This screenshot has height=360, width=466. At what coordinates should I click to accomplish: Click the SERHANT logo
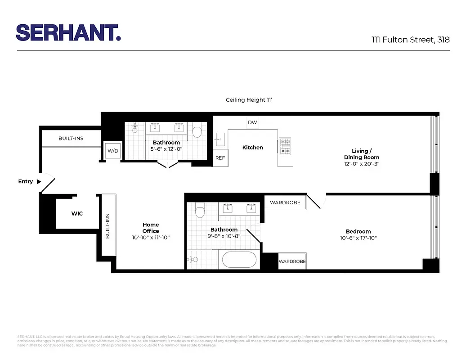pos(68,32)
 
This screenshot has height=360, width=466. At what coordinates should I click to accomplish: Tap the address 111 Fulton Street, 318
pos(410,40)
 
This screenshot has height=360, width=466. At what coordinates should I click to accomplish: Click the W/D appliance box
pos(112,151)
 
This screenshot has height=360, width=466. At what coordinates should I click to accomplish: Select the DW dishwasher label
pos(252,122)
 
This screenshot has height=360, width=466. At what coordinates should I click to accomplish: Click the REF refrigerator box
pos(220,158)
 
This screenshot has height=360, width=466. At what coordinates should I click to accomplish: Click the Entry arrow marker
pos(39,182)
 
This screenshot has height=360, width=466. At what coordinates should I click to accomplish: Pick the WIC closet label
pos(77,213)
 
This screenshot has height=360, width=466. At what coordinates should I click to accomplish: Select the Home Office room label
pos(151,228)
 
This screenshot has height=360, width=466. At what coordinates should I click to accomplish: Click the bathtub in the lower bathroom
pos(238,260)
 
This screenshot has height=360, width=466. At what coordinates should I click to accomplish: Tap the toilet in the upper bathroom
pos(197,131)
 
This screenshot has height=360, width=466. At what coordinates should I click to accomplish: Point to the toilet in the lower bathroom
pos(200,211)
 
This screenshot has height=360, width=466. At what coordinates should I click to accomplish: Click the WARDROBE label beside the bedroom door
pos(285,202)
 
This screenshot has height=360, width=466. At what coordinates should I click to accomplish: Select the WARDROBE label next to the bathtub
pos(292,261)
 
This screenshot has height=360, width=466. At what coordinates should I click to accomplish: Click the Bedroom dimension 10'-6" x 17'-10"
pos(358,238)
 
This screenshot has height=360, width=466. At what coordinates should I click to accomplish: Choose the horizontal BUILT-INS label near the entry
pos(71,138)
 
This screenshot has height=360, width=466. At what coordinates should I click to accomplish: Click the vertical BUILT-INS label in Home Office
pos(108,226)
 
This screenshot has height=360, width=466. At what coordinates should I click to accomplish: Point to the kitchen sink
pos(220,137)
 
